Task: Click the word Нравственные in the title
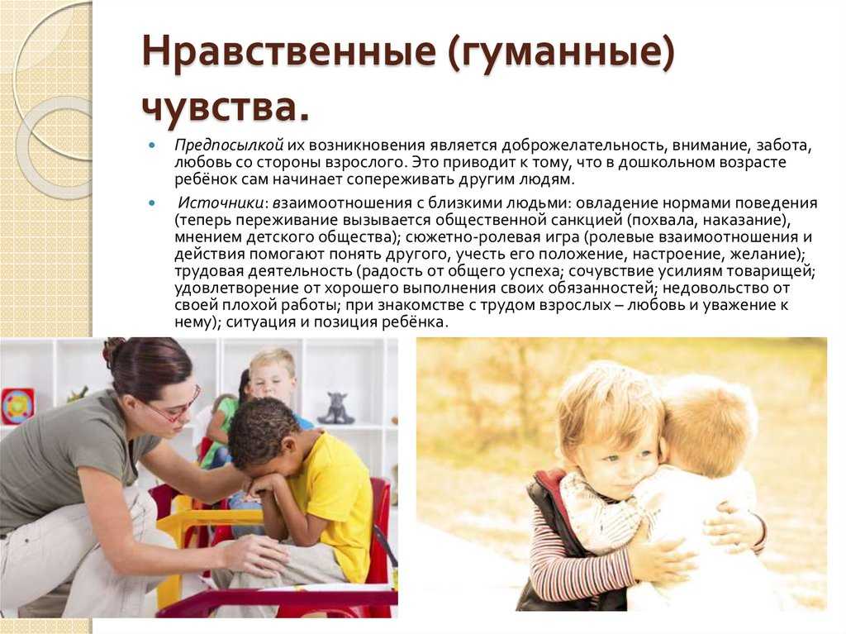tap(288, 52)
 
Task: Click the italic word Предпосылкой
tap(229, 145)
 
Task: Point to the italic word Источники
tap(221, 203)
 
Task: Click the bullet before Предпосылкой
tap(152, 145)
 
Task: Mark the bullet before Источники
tap(152, 203)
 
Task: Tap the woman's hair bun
tap(112, 350)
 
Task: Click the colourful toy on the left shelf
tap(17, 406)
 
